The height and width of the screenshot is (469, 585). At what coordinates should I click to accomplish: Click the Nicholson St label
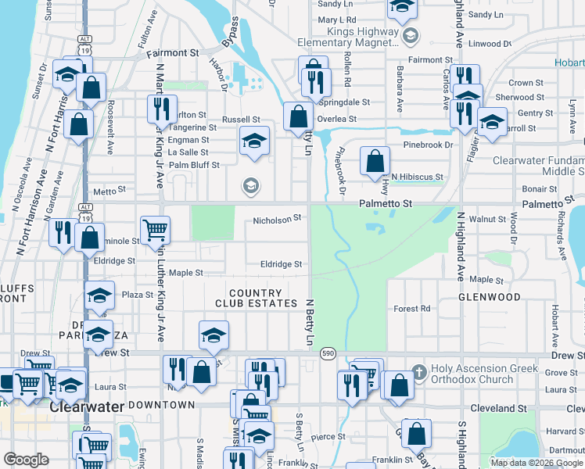277,220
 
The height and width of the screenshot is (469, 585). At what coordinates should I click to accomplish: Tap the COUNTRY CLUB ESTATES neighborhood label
257,298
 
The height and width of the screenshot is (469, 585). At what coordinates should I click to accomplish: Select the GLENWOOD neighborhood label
490,298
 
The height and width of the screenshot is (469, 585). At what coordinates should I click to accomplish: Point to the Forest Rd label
412,309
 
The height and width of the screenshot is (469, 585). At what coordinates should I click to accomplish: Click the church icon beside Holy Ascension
418,370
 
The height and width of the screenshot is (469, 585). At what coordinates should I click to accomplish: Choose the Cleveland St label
500,409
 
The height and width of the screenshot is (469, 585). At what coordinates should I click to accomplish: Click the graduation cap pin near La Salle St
253,141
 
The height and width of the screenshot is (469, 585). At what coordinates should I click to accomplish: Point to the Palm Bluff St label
195,165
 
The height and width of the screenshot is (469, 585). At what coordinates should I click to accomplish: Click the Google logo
27,460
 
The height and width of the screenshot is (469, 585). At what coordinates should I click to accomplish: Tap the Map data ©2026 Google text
537,463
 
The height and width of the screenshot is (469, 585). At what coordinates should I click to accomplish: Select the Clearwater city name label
87,407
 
